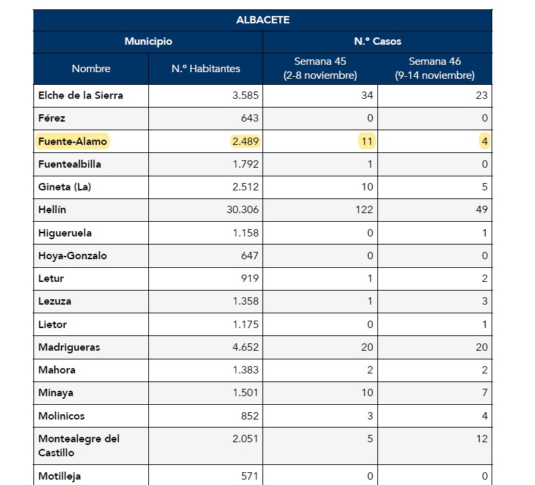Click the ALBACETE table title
pyautogui.click(x=262, y=20)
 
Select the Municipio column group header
pyautogui.click(x=148, y=41)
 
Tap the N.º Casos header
pyautogui.click(x=377, y=41)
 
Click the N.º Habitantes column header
pyautogui.click(x=206, y=69)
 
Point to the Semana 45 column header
pyautogui.click(x=320, y=68)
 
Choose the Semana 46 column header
pyautogui.click(x=435, y=68)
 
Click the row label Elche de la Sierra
pyautogui.click(x=81, y=96)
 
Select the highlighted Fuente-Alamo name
pyautogui.click(x=72, y=142)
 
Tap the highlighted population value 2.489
pyautogui.click(x=245, y=142)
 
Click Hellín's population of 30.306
pyautogui.click(x=242, y=210)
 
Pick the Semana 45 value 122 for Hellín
pyautogui.click(x=364, y=210)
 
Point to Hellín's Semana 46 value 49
pyautogui.click(x=482, y=210)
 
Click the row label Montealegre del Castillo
pyautogui.click(x=79, y=446)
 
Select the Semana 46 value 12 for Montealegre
pyautogui.click(x=482, y=439)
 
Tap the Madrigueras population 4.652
pyautogui.click(x=245, y=347)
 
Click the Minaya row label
pyautogui.click(x=55, y=393)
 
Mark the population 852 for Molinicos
pyautogui.click(x=250, y=416)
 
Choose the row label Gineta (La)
pyautogui.click(x=65, y=187)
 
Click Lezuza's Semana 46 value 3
pyautogui.click(x=484, y=301)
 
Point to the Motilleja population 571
pyautogui.click(x=249, y=476)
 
